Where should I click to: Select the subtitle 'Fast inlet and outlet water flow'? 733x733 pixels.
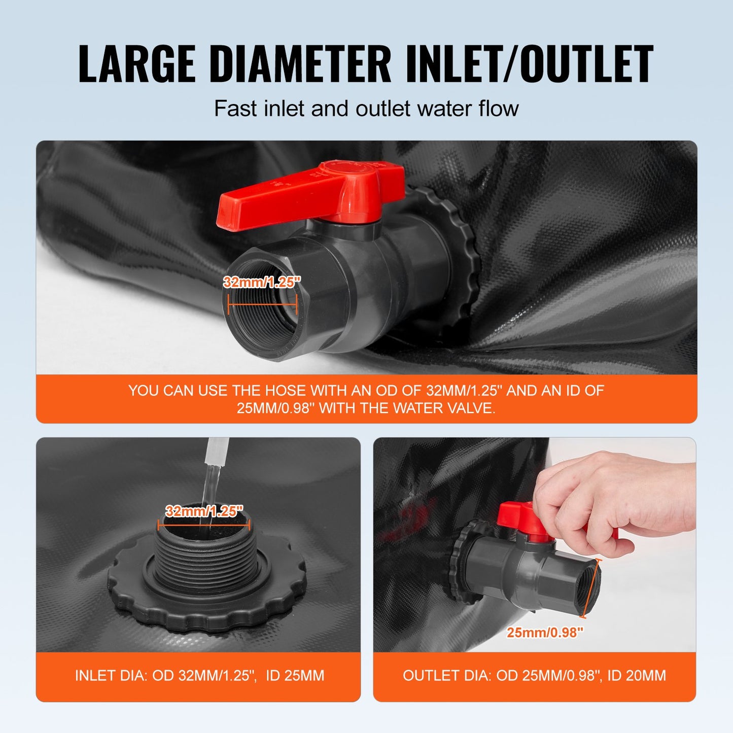coord(366,109)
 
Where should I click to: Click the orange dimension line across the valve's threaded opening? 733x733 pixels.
coord(262,306)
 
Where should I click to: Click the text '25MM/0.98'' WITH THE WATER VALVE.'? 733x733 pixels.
coord(366,408)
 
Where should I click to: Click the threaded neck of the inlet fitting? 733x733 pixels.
coord(203,558)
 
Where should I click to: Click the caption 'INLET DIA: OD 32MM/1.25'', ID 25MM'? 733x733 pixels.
coord(199,676)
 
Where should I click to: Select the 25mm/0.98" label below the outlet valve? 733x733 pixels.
coord(545,633)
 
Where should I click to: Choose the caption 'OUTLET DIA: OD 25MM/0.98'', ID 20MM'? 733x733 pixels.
coord(534,676)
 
